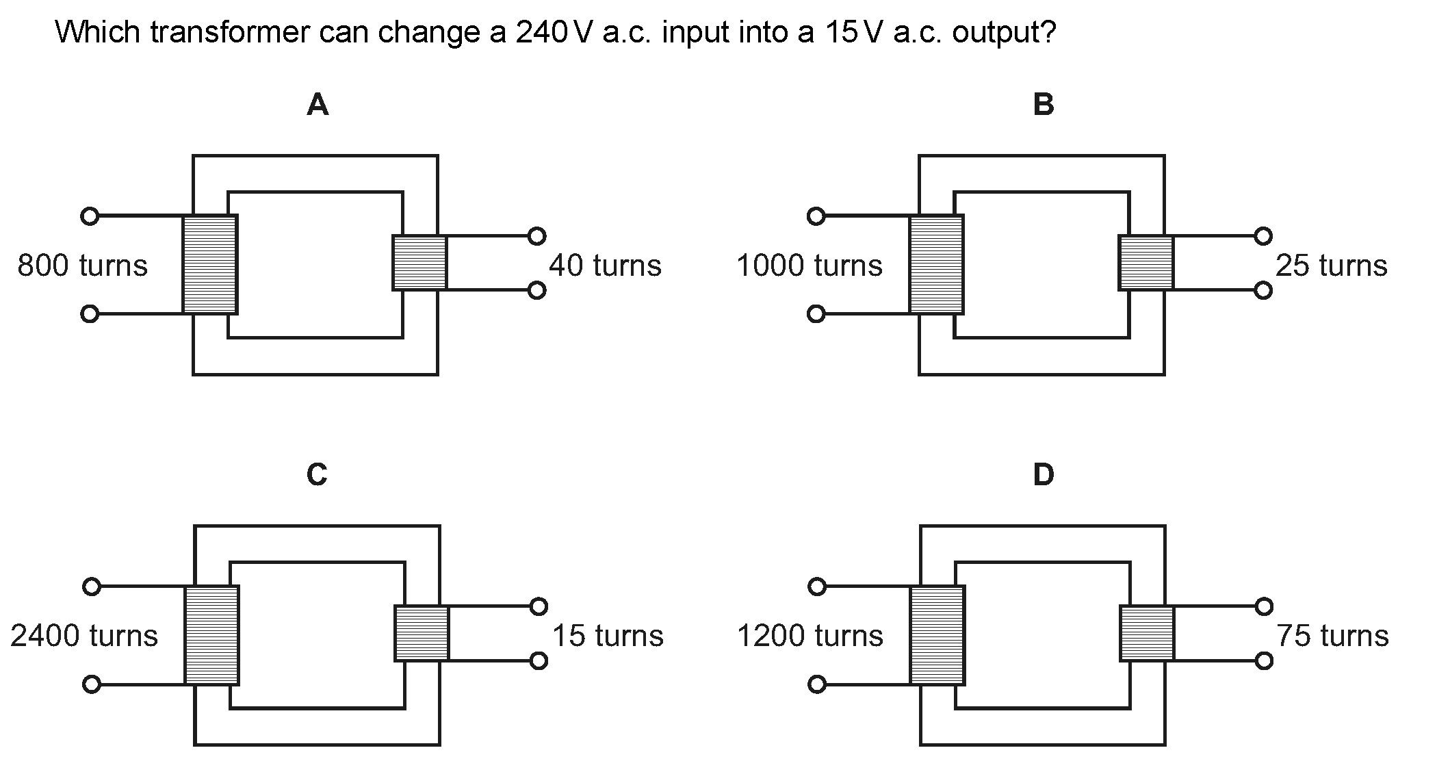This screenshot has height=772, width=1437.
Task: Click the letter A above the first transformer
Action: (318, 105)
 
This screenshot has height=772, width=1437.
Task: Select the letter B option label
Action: (1044, 105)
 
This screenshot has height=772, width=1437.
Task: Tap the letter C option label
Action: (317, 474)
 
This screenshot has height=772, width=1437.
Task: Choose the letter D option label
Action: (1044, 474)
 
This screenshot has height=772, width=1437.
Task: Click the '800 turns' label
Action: (82, 266)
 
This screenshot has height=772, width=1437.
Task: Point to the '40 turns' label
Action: (605, 266)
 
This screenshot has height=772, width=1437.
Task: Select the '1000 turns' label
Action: (809, 266)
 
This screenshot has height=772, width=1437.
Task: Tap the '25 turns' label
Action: (1331, 266)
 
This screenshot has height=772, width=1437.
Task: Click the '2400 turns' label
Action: (83, 636)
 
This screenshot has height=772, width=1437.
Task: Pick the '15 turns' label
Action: (608, 636)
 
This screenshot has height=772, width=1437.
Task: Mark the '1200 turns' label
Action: (810, 636)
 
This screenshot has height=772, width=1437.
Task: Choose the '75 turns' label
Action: (1332, 636)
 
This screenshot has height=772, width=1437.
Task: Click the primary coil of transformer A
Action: (210, 265)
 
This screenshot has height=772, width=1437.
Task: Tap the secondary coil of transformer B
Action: (1146, 263)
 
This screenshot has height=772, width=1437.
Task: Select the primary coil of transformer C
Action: (212, 635)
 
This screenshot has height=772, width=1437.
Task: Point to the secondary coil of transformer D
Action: (1148, 633)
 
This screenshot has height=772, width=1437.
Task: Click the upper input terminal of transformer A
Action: (90, 216)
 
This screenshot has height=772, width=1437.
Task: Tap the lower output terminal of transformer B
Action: (1263, 291)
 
